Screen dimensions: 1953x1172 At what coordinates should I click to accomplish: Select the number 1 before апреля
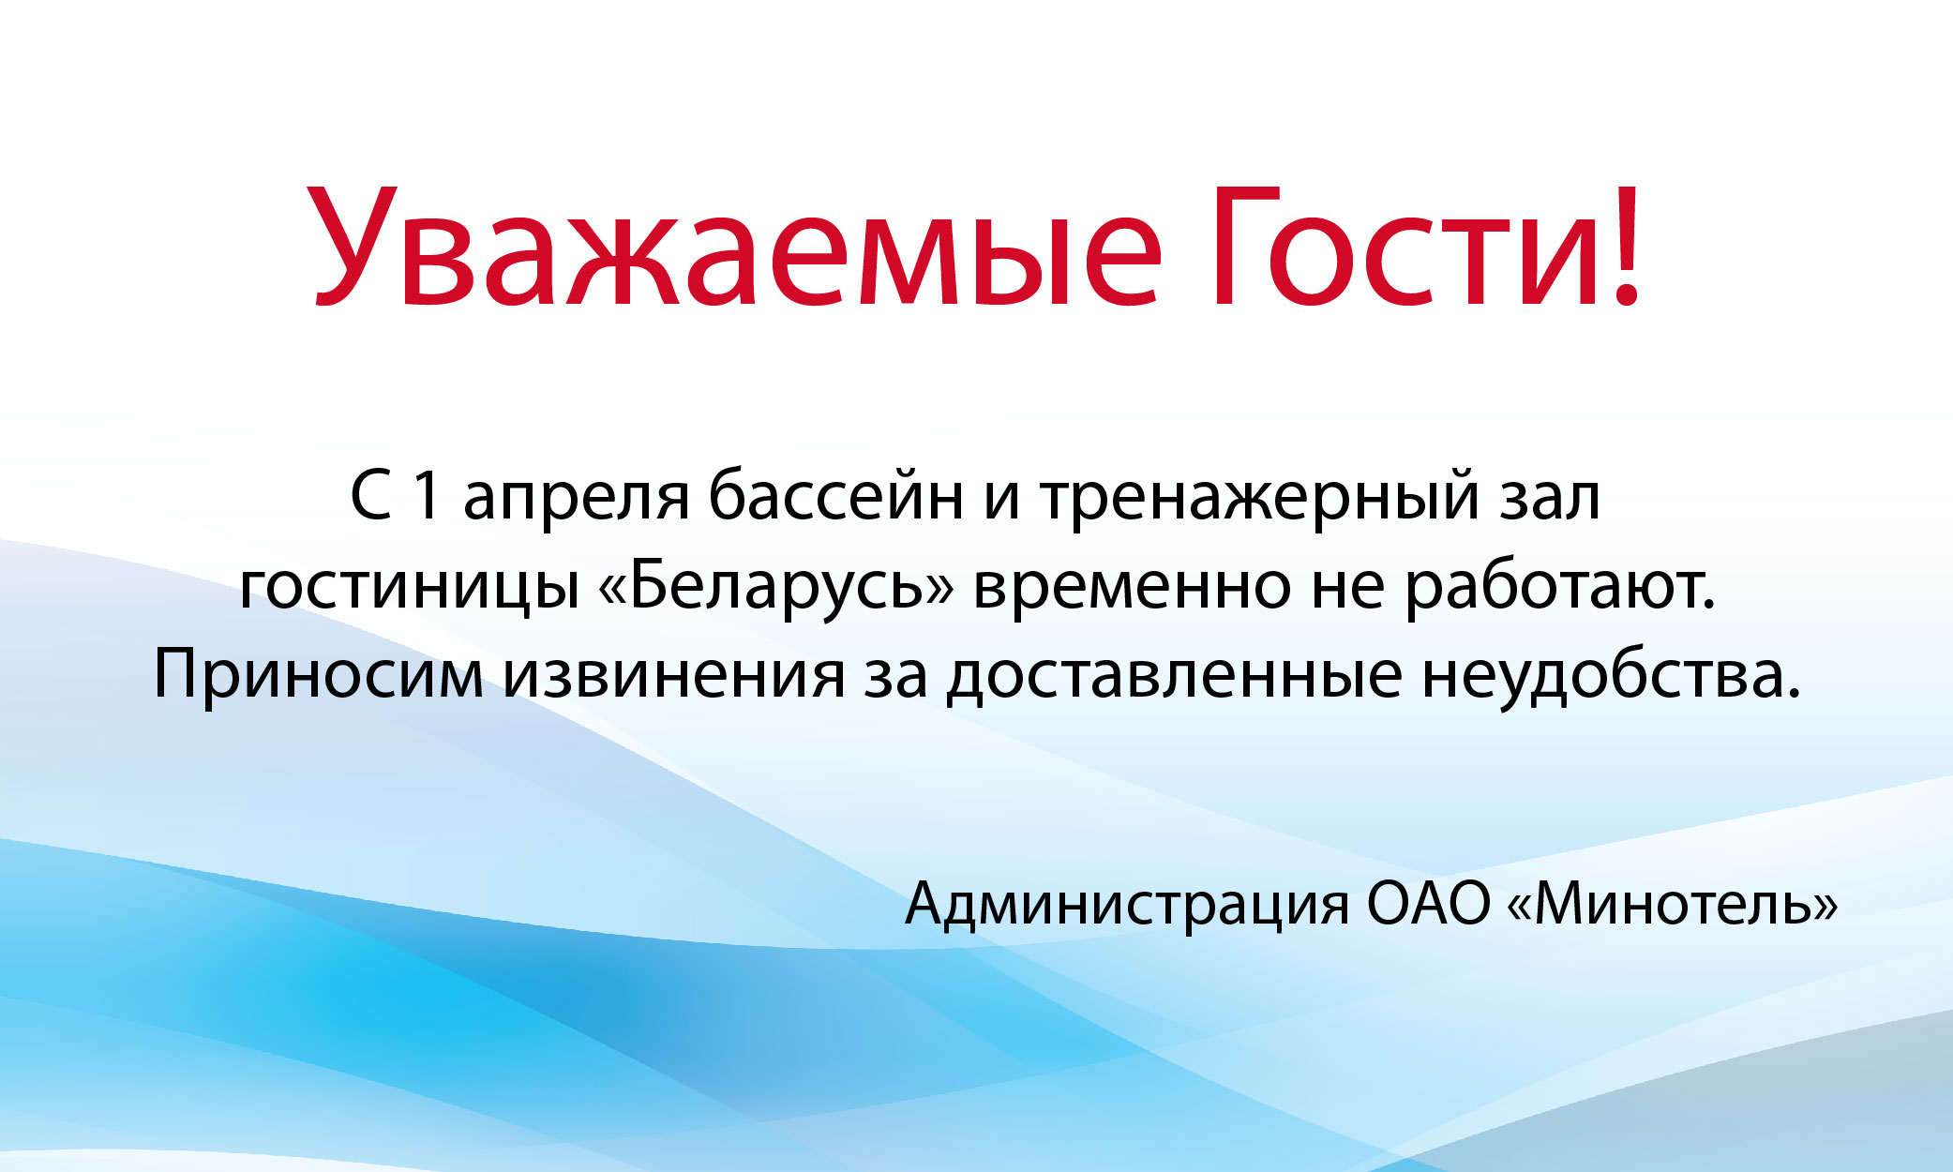click(x=427, y=496)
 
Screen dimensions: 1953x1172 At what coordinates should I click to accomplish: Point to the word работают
click(x=1559, y=585)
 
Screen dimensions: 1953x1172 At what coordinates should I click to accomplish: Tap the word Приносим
click(x=320, y=673)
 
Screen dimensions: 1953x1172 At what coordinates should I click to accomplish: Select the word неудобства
click(x=1611, y=673)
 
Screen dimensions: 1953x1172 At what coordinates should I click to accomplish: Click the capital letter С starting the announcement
click(x=370, y=496)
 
